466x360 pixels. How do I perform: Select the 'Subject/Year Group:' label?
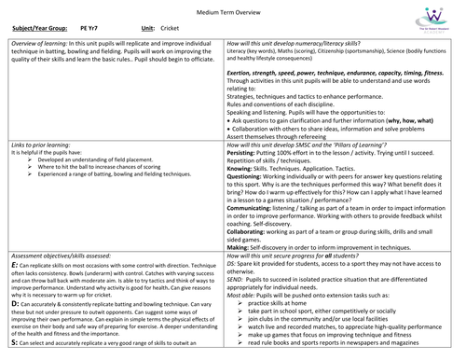click(38, 33)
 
